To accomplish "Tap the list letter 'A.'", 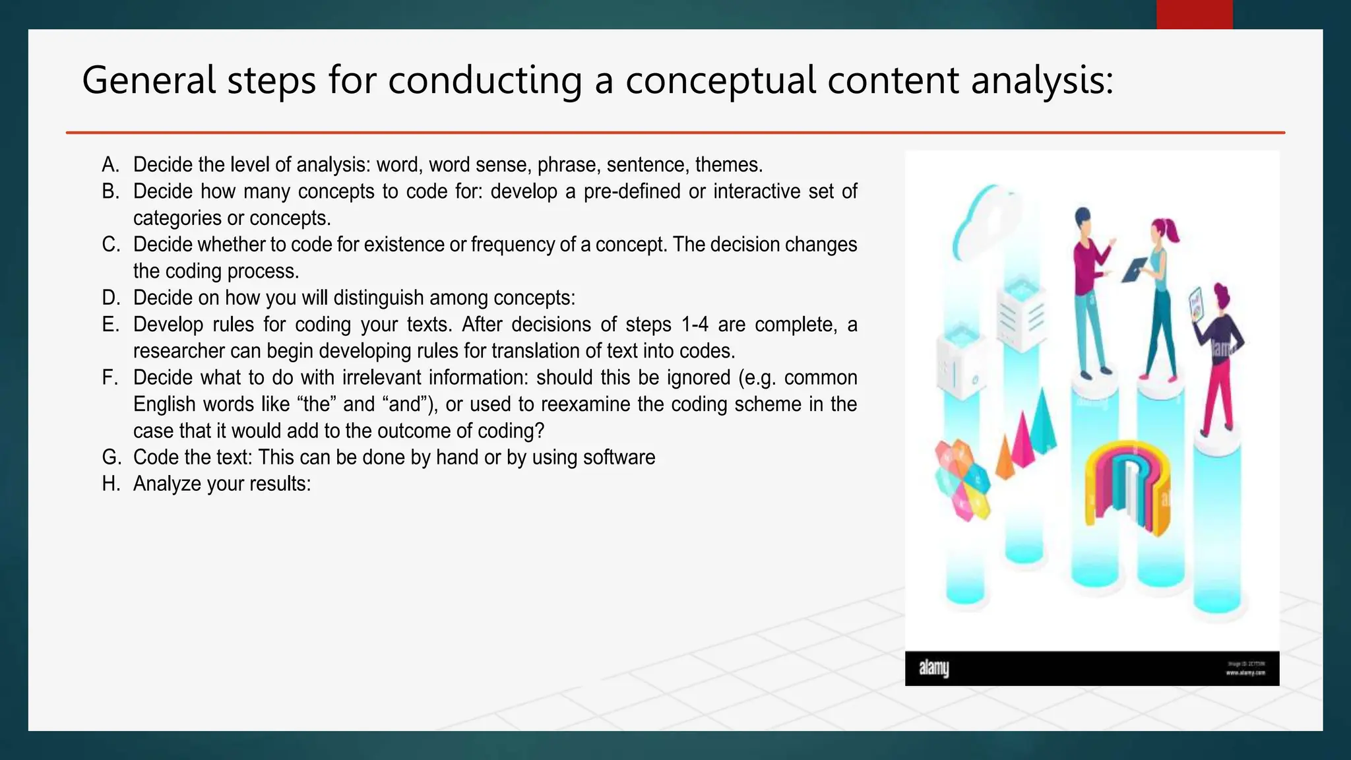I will point(111,165).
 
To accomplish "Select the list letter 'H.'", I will point(111,484).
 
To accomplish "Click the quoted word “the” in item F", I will point(316,404).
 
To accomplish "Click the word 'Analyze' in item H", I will point(167,484).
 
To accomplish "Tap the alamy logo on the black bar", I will point(933,668).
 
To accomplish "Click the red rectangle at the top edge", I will point(1194,15).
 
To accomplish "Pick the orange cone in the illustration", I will point(1005,459).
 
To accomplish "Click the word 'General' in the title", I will point(148,81).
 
